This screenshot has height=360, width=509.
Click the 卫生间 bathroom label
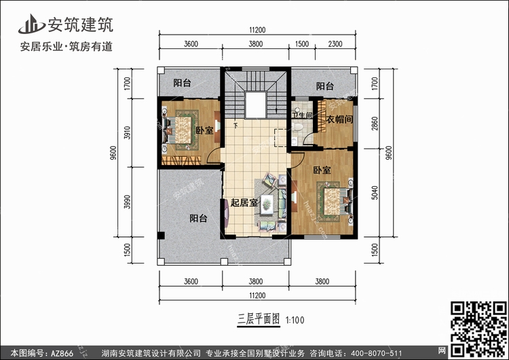pos(302,115)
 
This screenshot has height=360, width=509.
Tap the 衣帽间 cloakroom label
pos(339,120)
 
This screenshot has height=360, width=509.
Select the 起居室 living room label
pos(244,202)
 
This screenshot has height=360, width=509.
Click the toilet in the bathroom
pos(297,126)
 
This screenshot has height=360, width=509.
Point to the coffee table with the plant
pos(267,204)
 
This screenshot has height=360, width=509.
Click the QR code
pos(478,329)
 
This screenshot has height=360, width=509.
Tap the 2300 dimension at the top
pos(335,44)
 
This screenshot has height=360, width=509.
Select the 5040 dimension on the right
pos(375,193)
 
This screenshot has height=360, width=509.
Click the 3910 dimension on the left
pos(128,132)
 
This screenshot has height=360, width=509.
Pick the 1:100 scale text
pos(295,320)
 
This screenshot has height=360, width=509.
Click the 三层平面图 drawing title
pos(259,319)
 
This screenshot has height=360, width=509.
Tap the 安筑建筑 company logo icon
pos(31,24)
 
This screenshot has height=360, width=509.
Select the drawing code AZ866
pos(62,353)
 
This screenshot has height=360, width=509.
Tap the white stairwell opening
pos(256,105)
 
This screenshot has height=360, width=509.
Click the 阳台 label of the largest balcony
pos(198,218)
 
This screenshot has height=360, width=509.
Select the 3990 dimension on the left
pos(128,202)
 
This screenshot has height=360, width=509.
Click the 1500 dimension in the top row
pos(302,44)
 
